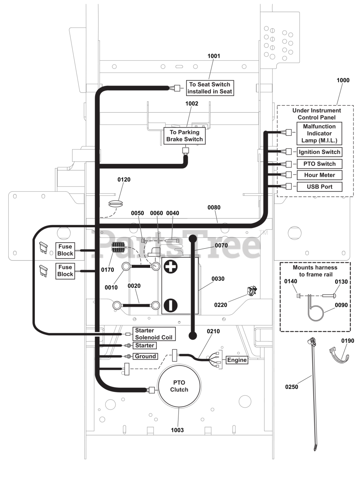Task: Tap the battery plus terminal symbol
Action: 170,267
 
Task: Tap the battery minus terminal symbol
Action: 170,305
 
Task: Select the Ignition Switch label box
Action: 319,152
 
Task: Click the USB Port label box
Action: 319,187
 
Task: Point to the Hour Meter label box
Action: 319,175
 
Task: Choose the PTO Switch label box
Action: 319,164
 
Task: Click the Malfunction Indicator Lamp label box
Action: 319,133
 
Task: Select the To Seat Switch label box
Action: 210,88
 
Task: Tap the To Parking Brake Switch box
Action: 185,136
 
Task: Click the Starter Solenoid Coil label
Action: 154,334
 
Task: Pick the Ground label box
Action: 145,356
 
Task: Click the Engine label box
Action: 237,360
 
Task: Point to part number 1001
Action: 214,56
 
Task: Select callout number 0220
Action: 221,305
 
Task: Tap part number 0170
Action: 107,270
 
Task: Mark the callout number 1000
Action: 343,80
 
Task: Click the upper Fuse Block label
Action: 65,250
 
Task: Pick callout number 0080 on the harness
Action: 214,207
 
